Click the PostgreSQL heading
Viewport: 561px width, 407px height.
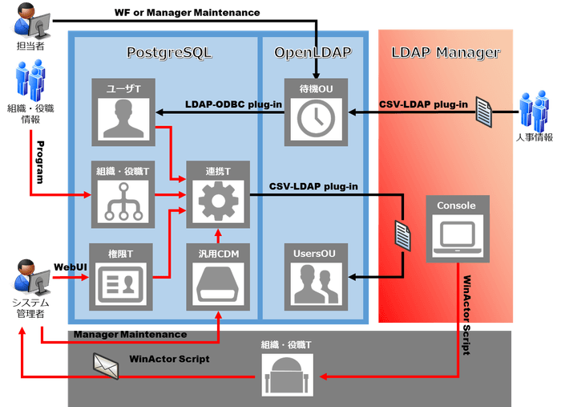pyautogui.click(x=170, y=53)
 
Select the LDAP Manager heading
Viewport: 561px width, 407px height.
pyautogui.click(x=446, y=53)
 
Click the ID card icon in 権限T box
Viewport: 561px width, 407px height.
pyautogui.click(x=118, y=283)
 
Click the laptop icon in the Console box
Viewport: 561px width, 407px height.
pyautogui.click(x=456, y=234)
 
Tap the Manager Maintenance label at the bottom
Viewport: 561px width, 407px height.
pyautogui.click(x=130, y=334)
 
